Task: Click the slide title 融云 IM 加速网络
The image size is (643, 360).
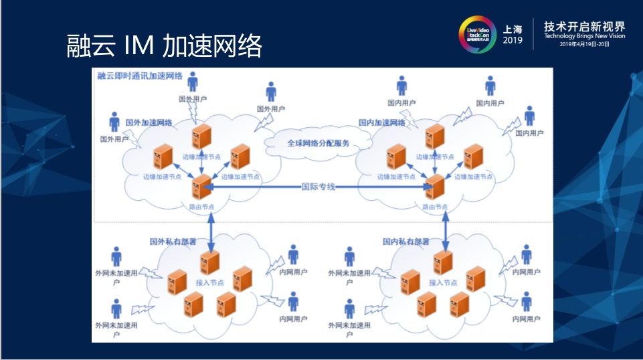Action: point(164,46)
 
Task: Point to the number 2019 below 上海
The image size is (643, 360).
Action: point(513,41)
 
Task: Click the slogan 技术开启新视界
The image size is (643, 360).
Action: point(584,26)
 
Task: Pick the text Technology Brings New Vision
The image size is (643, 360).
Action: point(584,37)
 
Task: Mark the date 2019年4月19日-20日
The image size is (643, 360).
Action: point(584,45)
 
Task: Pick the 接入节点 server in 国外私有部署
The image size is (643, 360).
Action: point(210,262)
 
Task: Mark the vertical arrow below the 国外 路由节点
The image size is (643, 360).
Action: point(211,230)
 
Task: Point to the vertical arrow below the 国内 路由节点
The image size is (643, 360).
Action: point(444,230)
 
